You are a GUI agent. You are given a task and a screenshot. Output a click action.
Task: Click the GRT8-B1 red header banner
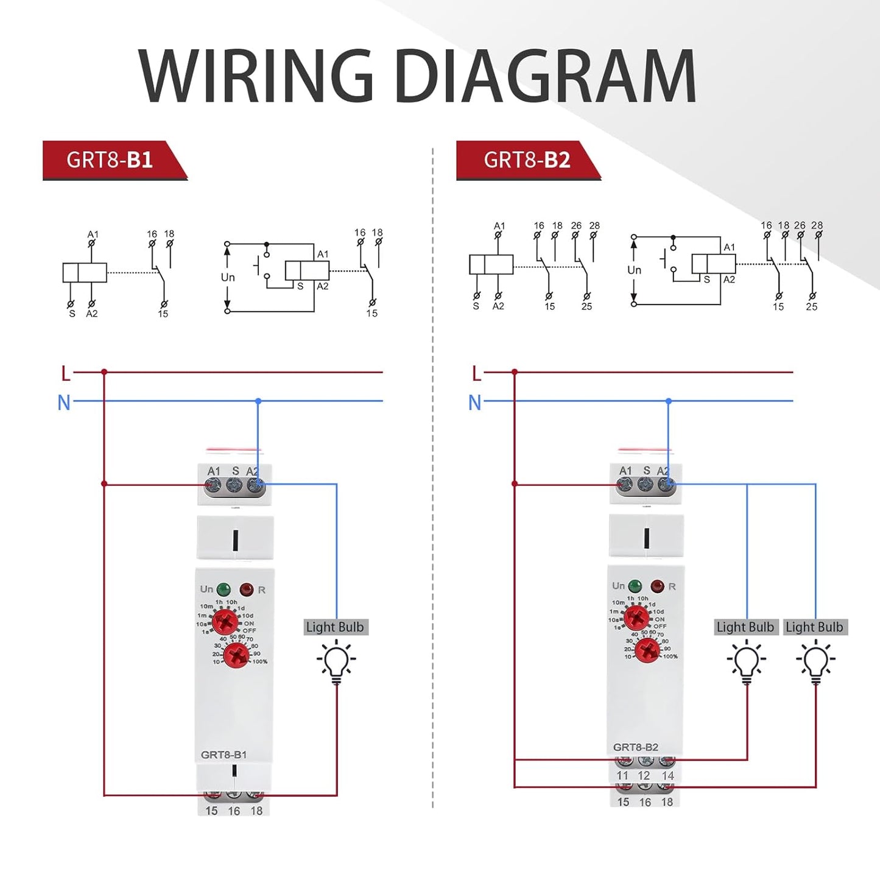pyautogui.click(x=110, y=160)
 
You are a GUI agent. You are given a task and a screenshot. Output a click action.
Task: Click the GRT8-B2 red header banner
pyautogui.click(x=527, y=160)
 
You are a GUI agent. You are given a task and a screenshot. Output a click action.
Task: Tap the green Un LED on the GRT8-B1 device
pyautogui.click(x=224, y=589)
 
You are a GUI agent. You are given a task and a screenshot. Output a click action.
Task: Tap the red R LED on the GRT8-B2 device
pyautogui.click(x=657, y=586)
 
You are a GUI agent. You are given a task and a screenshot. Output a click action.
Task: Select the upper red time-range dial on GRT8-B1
pyautogui.click(x=225, y=622)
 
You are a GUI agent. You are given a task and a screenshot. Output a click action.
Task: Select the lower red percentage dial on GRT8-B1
pyautogui.click(x=236, y=655)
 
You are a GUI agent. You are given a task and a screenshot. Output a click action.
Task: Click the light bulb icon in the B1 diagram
pyautogui.click(x=336, y=662)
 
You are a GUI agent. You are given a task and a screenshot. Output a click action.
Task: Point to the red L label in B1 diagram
pyautogui.click(x=66, y=373)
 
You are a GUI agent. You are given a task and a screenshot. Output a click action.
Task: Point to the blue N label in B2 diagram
pyautogui.click(x=475, y=403)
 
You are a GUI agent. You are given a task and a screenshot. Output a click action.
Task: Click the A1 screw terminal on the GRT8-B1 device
pyautogui.click(x=213, y=485)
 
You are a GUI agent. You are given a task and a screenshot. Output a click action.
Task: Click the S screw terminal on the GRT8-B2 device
pyautogui.click(x=646, y=485)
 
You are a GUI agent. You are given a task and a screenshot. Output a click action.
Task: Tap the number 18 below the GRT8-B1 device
pyautogui.click(x=256, y=811)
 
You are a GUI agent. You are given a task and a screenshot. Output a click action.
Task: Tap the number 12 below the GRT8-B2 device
pyautogui.click(x=644, y=776)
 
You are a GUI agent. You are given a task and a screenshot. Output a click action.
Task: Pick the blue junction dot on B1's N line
pyautogui.click(x=258, y=401)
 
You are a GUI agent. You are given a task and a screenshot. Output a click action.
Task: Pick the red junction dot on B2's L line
pyautogui.click(x=515, y=371)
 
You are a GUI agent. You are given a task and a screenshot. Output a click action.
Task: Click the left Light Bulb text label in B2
pyautogui.click(x=745, y=627)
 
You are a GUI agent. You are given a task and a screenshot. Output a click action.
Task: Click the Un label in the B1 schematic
pyautogui.click(x=228, y=277)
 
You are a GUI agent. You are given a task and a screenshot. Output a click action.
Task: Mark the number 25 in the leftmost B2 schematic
pyautogui.click(x=586, y=306)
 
